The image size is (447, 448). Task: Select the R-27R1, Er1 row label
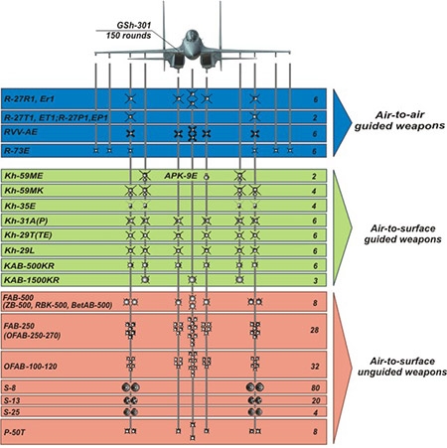tap(29, 98)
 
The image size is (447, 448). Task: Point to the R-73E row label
tap(17, 151)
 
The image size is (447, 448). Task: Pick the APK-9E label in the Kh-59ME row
tap(181, 176)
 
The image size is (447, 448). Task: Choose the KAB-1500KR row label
tap(32, 280)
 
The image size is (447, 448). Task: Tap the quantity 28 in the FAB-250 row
tap(314, 330)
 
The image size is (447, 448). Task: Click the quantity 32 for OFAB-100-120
tap(314, 367)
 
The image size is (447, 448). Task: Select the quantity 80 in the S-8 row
tap(315, 387)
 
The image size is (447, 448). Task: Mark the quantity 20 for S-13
tap(316, 400)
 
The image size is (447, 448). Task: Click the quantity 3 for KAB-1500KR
tap(315, 280)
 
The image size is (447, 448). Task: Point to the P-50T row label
tap(14, 432)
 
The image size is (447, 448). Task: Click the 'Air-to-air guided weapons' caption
tap(399, 120)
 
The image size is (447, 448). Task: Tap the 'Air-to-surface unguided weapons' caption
tap(402, 367)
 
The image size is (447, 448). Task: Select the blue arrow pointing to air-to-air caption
tap(342, 122)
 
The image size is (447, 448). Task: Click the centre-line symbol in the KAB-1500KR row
tap(192, 280)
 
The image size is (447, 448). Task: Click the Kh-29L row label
tap(19, 250)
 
